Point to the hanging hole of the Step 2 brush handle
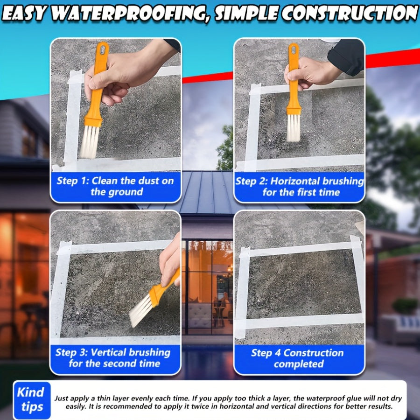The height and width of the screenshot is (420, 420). [x=293, y=49]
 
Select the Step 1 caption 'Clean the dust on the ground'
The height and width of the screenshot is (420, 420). [x=115, y=186]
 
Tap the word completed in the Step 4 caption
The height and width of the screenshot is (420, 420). [x=299, y=364]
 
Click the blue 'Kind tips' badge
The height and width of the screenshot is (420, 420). [x=32, y=399]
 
